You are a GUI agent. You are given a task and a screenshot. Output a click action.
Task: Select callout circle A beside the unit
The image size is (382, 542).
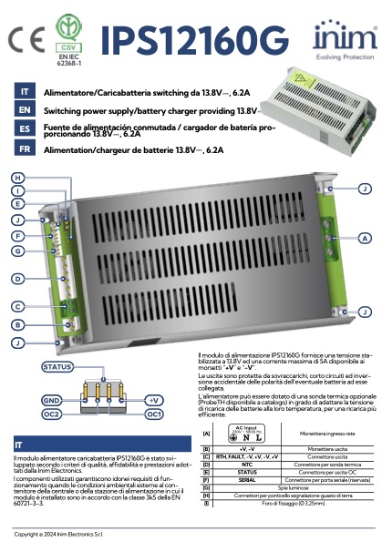(365, 239)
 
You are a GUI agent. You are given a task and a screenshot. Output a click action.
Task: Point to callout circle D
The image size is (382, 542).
(18, 278)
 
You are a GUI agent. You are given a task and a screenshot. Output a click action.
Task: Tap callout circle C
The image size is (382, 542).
(18, 306)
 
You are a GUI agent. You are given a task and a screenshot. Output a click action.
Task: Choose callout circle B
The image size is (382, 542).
(18, 324)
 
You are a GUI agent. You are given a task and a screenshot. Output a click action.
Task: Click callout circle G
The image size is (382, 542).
(18, 250)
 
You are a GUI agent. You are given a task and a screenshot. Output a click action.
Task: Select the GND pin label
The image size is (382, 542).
(51, 400)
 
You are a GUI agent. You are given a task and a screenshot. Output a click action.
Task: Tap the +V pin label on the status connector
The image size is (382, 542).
(154, 400)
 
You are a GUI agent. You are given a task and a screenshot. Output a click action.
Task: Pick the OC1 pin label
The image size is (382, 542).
(154, 414)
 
